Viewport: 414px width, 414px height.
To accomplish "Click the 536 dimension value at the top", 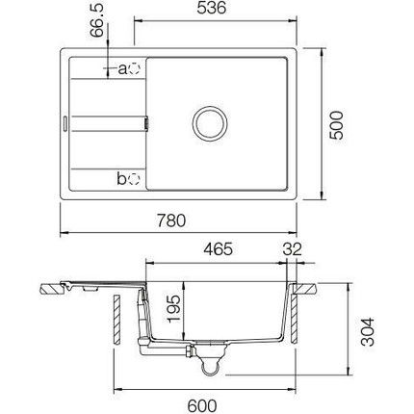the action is click(212, 8).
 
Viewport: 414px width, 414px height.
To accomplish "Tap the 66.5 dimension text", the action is click(97, 20).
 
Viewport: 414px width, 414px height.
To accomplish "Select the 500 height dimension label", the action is click(337, 125).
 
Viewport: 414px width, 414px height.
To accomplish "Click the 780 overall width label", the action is click(171, 220).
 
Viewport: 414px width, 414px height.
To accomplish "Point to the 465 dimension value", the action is click(219, 249).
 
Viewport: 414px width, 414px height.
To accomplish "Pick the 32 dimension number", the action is click(293, 249).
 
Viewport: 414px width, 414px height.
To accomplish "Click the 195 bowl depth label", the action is click(173, 309).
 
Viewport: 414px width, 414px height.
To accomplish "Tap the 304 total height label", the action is click(368, 332).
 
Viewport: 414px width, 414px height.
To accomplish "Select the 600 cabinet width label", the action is click(202, 405).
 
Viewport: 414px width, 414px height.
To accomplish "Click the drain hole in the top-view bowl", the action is click(210, 123).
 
